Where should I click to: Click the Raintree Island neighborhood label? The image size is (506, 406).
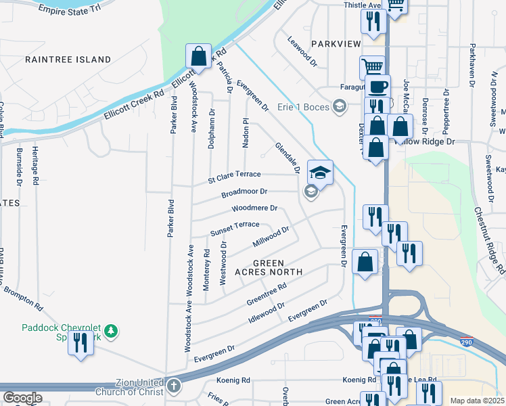68,60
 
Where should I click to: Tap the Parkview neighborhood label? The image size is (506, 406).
336,43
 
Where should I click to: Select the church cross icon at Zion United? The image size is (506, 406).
174,386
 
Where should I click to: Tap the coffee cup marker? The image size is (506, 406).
377,87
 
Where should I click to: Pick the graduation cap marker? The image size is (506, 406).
320,172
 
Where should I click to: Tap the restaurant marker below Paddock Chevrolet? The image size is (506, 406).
81,342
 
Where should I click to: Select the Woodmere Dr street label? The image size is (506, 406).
254,208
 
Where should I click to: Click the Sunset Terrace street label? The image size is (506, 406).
235,227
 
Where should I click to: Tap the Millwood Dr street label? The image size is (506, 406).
271,236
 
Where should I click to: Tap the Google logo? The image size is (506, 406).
22,397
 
